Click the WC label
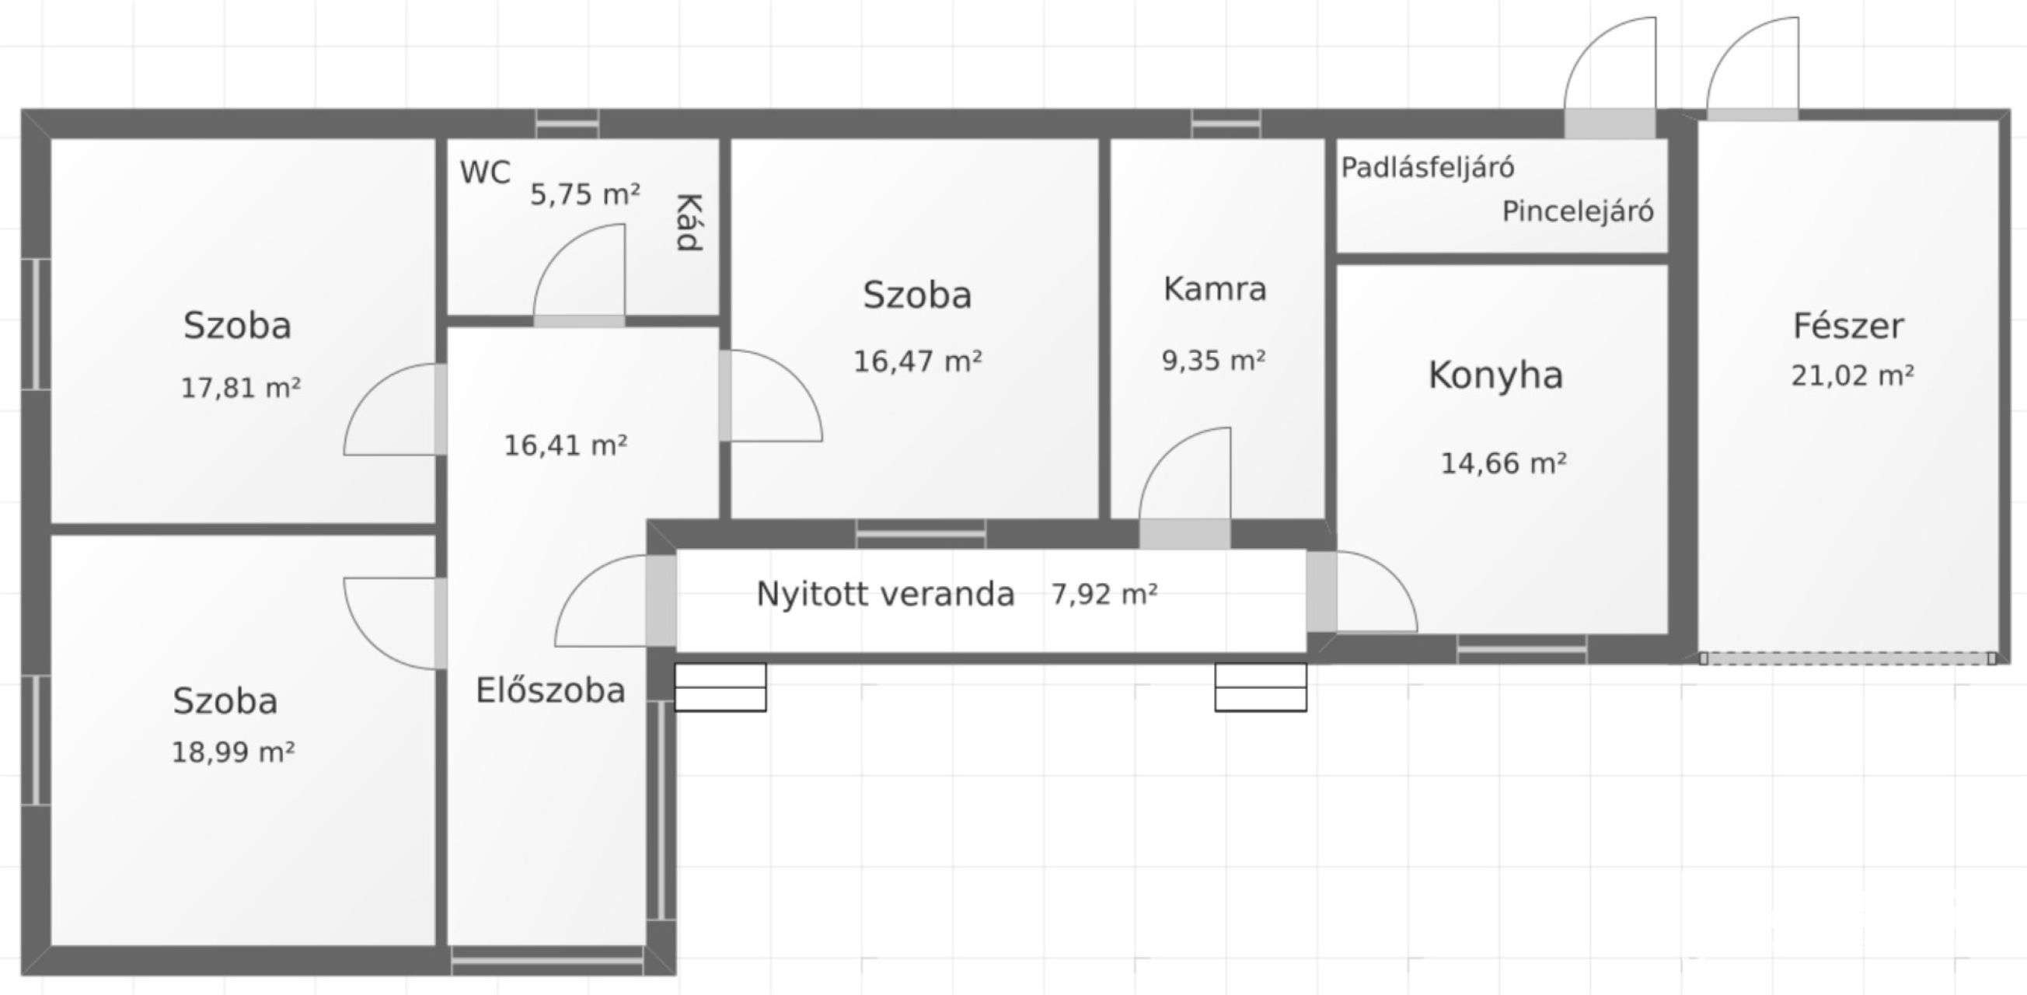485,173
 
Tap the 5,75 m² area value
584,194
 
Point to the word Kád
689,222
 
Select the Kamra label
1215,289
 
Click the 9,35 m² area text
1213,361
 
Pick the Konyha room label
1495,375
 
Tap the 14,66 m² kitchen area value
1503,463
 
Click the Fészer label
1848,326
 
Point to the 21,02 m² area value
1852,375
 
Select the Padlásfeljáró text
1428,168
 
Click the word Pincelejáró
1578,211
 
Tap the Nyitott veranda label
885,595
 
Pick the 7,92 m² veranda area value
1104,595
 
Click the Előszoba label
550,690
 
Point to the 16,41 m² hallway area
565,445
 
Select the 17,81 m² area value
241,388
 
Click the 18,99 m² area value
233,752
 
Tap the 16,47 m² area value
917,361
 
